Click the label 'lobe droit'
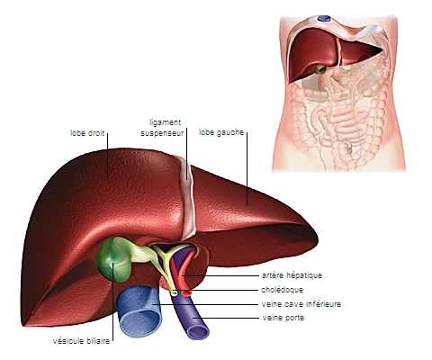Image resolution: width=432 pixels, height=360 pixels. [87, 133]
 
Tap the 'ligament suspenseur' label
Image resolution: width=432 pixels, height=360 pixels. [162, 128]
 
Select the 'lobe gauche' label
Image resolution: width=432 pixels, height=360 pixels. [221, 132]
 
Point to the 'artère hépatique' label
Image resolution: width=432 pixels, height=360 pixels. [292, 275]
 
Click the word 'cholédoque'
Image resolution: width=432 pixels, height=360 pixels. [282, 290]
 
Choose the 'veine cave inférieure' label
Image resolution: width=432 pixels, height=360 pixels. [301, 304]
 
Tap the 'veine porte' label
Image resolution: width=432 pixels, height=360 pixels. [283, 318]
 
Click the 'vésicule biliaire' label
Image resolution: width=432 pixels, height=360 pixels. [81, 341]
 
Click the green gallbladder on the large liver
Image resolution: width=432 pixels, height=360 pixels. [113, 260]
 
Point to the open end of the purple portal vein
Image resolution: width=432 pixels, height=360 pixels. [198, 332]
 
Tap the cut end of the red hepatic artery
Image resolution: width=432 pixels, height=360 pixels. [187, 292]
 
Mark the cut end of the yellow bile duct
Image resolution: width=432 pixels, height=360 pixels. [174, 292]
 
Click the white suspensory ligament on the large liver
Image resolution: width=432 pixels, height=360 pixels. [187, 195]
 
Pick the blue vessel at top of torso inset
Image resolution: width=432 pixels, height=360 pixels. [324, 18]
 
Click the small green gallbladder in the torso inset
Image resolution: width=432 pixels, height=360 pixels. [320, 70]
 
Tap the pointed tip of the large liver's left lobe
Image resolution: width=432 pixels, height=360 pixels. [318, 239]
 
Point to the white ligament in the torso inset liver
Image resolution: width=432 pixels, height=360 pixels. [339, 51]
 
